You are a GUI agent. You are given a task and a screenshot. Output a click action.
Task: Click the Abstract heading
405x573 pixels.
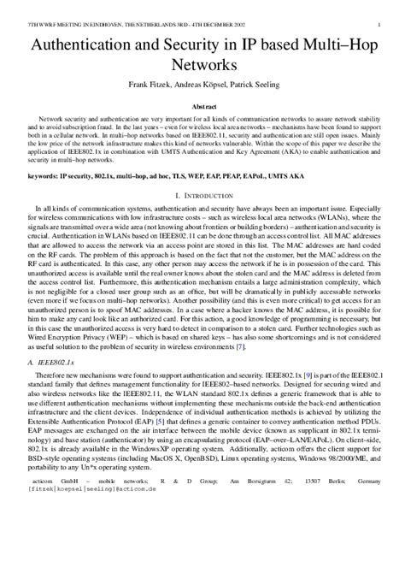click(202, 106)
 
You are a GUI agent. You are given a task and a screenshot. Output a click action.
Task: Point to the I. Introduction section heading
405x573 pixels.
click(202, 196)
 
